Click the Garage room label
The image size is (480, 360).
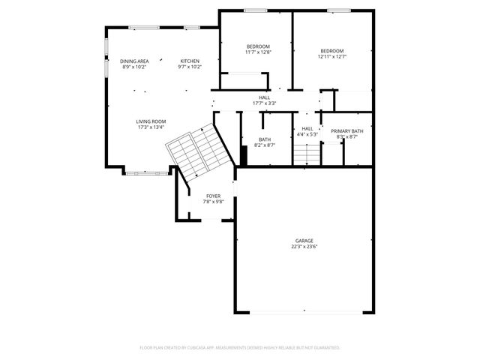point(303,241)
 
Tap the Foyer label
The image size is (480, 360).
point(214,196)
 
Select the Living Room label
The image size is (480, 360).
point(151,121)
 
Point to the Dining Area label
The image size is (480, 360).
point(134,61)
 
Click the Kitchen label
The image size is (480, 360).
point(190,61)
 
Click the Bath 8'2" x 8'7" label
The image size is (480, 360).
point(265,139)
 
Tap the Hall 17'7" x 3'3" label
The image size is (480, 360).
point(264,97)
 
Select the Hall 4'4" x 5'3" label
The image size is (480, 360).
point(307,128)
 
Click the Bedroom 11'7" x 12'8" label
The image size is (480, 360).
point(257,46)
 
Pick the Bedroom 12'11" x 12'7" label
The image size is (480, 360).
point(331,50)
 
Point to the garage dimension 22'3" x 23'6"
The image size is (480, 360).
point(303,247)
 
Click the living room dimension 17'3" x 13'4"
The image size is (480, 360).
point(151,127)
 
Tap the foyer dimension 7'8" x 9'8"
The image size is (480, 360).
point(214,202)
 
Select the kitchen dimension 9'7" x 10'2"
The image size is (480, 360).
point(190,67)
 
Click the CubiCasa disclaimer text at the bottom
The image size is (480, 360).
point(240,348)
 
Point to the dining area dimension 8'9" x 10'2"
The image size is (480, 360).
point(134,67)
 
